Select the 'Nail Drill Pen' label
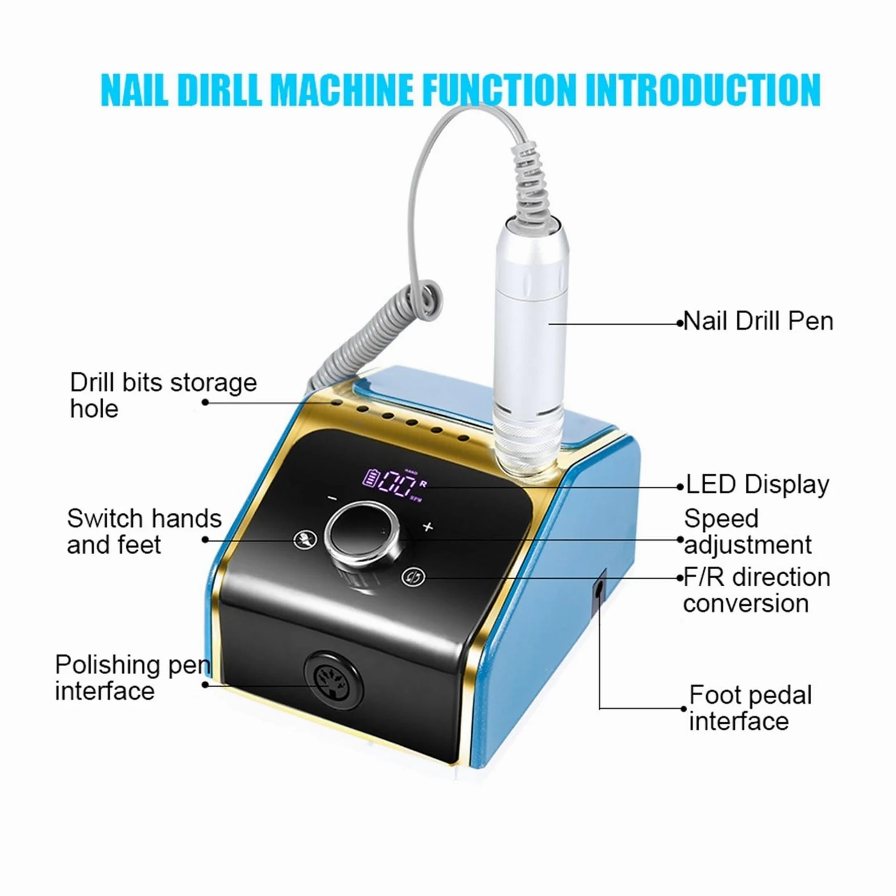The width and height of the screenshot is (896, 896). (758, 321)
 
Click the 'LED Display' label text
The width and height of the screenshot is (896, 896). (757, 485)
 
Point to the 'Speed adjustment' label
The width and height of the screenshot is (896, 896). (747, 532)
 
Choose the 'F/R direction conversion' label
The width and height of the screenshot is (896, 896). (757, 590)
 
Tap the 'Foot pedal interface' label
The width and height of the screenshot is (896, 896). (750, 708)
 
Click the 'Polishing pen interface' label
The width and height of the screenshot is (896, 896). (133, 677)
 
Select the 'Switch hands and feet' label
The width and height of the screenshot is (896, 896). (144, 532)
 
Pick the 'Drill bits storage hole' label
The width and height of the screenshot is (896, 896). (163, 396)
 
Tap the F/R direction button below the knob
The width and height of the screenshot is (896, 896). (414, 576)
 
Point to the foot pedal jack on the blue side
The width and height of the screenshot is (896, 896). (599, 589)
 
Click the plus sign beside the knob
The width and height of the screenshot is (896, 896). (428, 527)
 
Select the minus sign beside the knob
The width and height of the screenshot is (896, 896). (332, 498)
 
